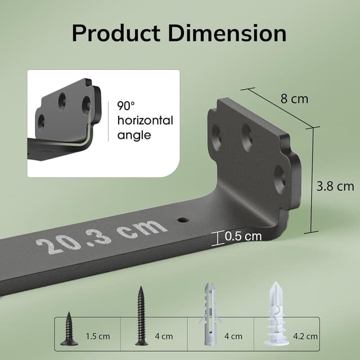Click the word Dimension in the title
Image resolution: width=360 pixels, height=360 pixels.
(x=227, y=33)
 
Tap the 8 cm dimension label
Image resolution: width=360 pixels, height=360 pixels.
(x=294, y=99)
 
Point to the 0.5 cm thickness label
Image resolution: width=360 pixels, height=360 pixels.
(x=243, y=237)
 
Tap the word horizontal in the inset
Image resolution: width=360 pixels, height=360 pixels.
(x=145, y=120)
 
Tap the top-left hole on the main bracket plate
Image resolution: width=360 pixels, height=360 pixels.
(x=217, y=133)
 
